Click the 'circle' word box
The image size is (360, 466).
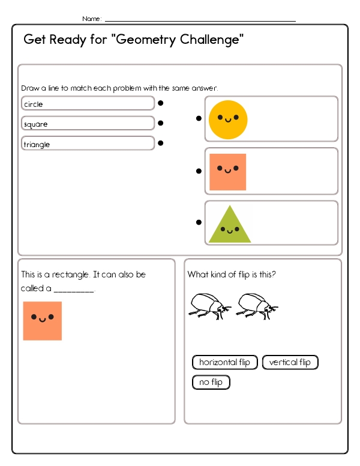tap(88, 104)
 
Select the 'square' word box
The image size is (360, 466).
tap(88, 124)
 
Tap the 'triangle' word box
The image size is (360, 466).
tap(88, 144)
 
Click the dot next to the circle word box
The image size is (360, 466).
tap(161, 103)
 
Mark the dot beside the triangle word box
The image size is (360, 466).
tap(161, 143)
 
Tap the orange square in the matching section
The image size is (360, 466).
tap(227, 172)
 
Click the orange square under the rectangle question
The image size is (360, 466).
tap(43, 321)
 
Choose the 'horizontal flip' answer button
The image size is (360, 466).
tap(225, 362)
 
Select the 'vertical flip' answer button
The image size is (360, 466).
tap(290, 362)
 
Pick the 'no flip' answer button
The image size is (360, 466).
tap(211, 382)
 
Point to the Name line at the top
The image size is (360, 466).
tap(200, 19)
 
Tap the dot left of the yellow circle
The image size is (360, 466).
tap(199, 118)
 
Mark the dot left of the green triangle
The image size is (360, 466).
tap(199, 222)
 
